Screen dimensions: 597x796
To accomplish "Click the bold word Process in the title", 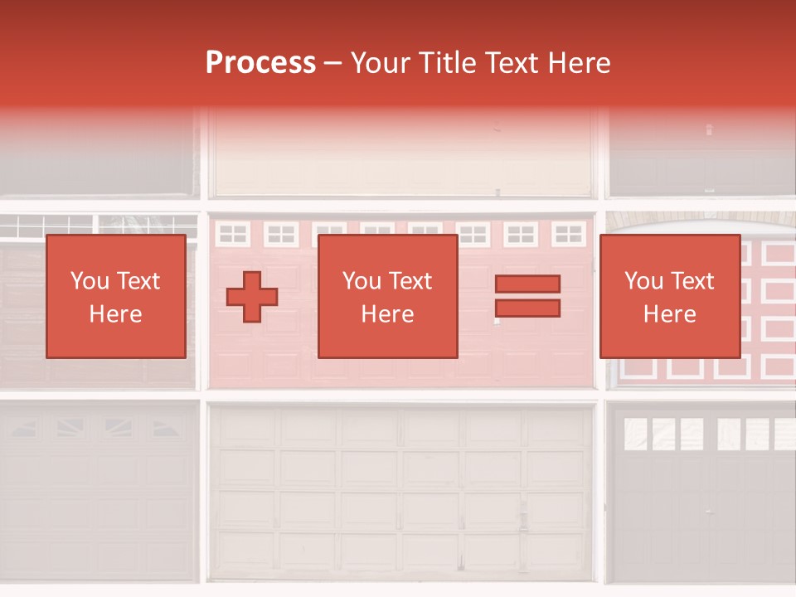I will coord(260,63).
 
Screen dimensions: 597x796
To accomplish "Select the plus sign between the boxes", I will coord(252,296).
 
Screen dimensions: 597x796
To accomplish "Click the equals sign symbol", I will coord(527,296).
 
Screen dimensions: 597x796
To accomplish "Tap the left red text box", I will coord(115,296).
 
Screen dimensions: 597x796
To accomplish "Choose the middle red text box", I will coord(387,296).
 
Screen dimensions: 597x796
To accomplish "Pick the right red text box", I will coord(669,296).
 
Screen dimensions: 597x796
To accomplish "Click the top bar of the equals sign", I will coord(527,284).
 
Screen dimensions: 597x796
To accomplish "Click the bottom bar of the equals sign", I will coord(527,308).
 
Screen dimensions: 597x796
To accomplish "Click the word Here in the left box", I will coord(115,314).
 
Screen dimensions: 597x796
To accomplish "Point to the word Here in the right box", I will coord(669,314).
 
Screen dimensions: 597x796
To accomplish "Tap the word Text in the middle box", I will coord(411,281).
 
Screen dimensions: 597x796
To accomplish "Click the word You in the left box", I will coord(90,281).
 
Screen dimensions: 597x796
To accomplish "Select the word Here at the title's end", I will coord(580,63).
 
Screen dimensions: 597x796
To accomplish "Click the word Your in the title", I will coord(379,63).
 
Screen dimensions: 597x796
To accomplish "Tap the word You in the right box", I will coord(643,281).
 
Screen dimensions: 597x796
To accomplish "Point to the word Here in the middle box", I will coord(387,314).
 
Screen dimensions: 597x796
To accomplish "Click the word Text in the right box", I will coord(693,281).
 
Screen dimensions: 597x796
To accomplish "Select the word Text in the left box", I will coord(139,281).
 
